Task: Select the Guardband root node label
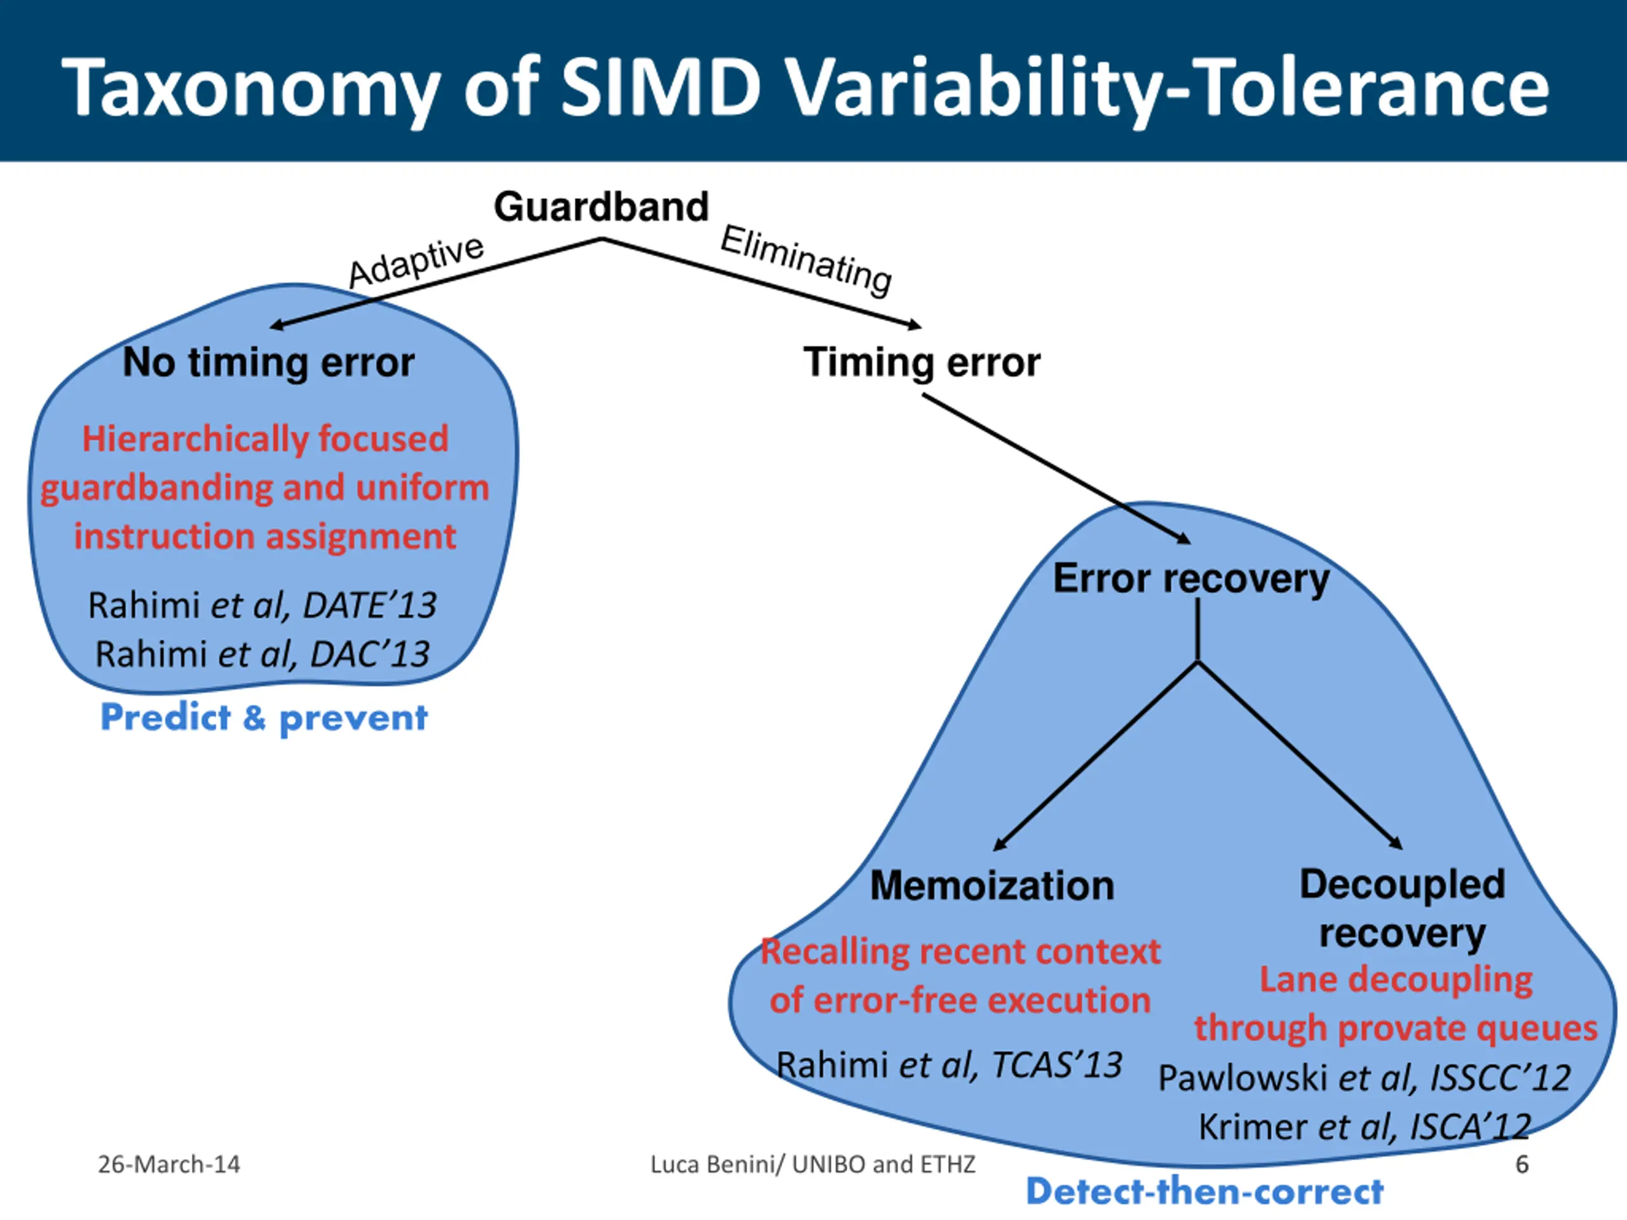601,207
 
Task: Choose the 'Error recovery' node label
1191,578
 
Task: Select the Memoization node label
991,885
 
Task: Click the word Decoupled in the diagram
1402,884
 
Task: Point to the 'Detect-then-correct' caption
1204,1191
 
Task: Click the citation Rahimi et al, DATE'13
262,605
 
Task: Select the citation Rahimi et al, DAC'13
262,654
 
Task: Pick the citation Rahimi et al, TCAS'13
949,1065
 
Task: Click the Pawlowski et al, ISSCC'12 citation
1365,1078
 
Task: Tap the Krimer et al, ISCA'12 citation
1365,1127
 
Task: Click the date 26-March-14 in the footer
168,1164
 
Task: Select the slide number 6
1522,1164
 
